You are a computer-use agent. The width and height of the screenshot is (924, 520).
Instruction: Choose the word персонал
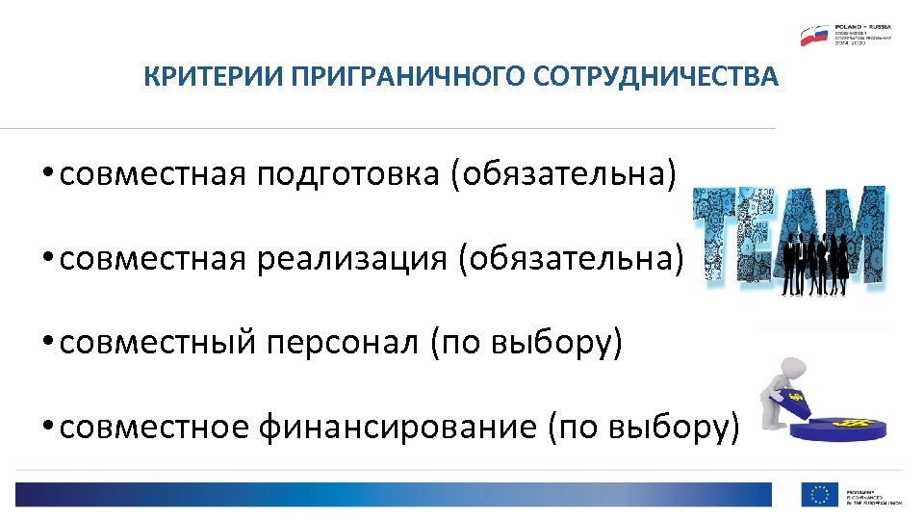click(340, 343)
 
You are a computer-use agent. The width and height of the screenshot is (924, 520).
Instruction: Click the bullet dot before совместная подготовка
click(45, 174)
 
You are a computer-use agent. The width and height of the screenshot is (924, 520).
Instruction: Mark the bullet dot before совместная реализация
click(45, 259)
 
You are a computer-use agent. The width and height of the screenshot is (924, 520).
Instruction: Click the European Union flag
click(819, 495)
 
